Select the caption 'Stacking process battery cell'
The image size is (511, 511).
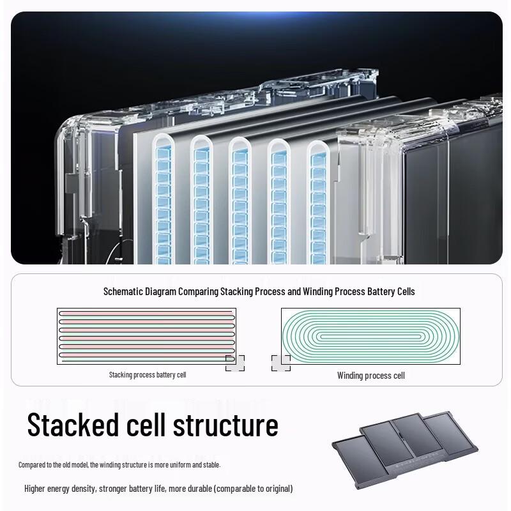tap(148, 375)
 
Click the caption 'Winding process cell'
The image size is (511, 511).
tap(371, 376)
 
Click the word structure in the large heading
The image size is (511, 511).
tap(225, 425)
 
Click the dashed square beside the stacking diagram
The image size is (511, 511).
tap(235, 363)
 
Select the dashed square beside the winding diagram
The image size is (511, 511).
tap(281, 363)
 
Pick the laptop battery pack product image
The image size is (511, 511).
tap(405, 450)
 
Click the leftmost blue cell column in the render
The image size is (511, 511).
tap(163, 205)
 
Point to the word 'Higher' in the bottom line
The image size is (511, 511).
tap(34, 489)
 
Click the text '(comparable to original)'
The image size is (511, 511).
tap(253, 489)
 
